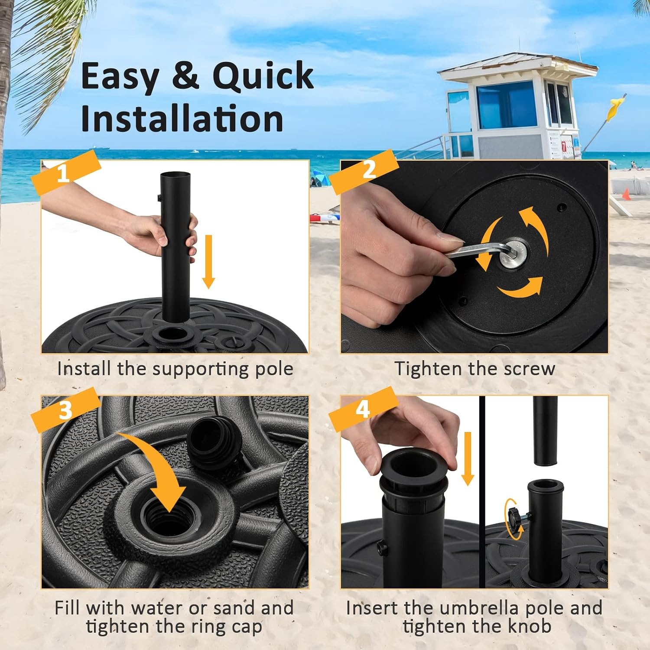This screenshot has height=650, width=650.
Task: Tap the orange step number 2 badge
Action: tap(364, 171)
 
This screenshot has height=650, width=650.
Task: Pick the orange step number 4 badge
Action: tap(364, 409)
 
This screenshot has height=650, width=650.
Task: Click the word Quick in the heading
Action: tap(263, 75)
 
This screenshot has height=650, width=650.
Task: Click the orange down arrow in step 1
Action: tap(208, 262)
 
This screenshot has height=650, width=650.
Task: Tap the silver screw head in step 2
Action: tap(513, 253)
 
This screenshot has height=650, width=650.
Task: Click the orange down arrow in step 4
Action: tap(468, 458)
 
